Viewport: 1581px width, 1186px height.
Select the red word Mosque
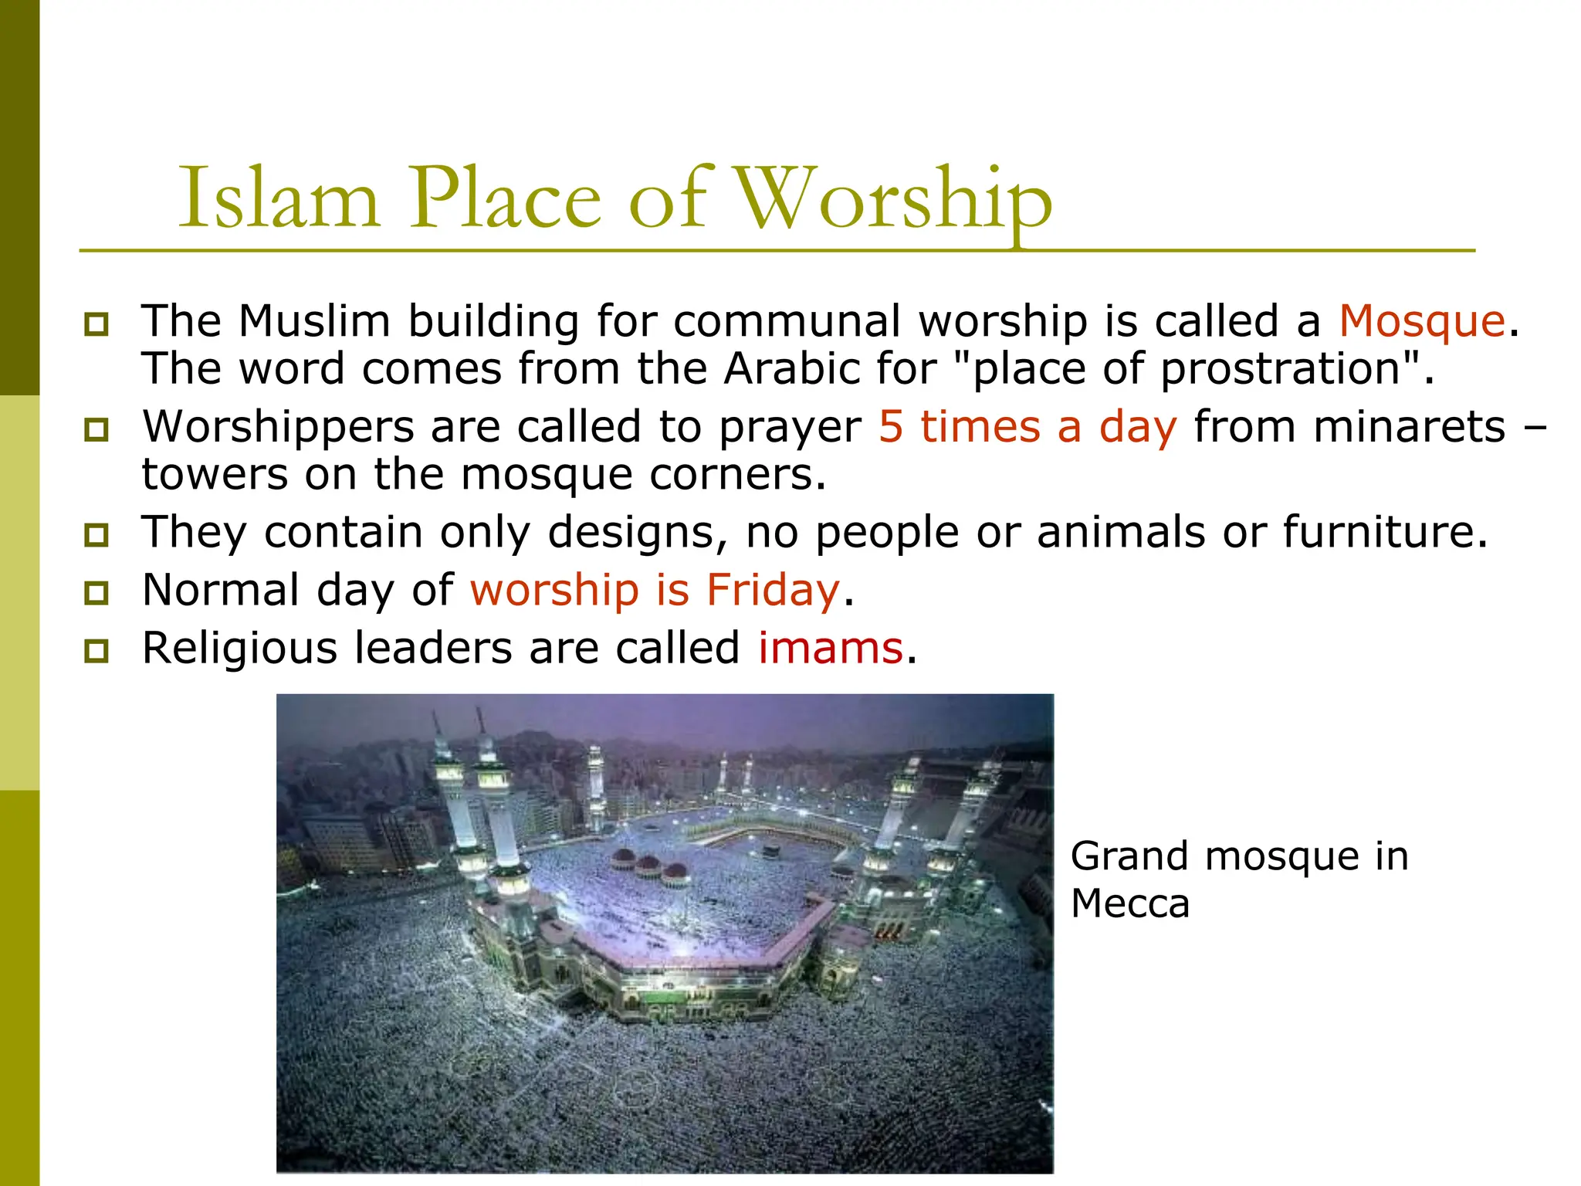pos(1422,321)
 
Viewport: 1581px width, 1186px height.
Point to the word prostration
pos(1281,369)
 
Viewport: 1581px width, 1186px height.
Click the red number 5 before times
pos(891,426)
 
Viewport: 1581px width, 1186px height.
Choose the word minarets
pos(1349,426)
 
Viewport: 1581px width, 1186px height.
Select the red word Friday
pos(773,590)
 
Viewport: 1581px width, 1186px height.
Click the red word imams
pos(831,648)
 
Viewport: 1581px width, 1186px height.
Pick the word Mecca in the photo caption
pos(1130,903)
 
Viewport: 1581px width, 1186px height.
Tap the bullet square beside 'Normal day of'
pos(96,593)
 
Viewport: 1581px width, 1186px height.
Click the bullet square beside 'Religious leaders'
pos(96,651)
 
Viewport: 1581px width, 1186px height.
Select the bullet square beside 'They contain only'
pos(96,534)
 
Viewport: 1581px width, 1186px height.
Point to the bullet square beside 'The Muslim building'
pos(96,324)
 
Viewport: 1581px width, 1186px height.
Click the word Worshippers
pos(278,428)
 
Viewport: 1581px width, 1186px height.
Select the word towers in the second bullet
pos(215,474)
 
